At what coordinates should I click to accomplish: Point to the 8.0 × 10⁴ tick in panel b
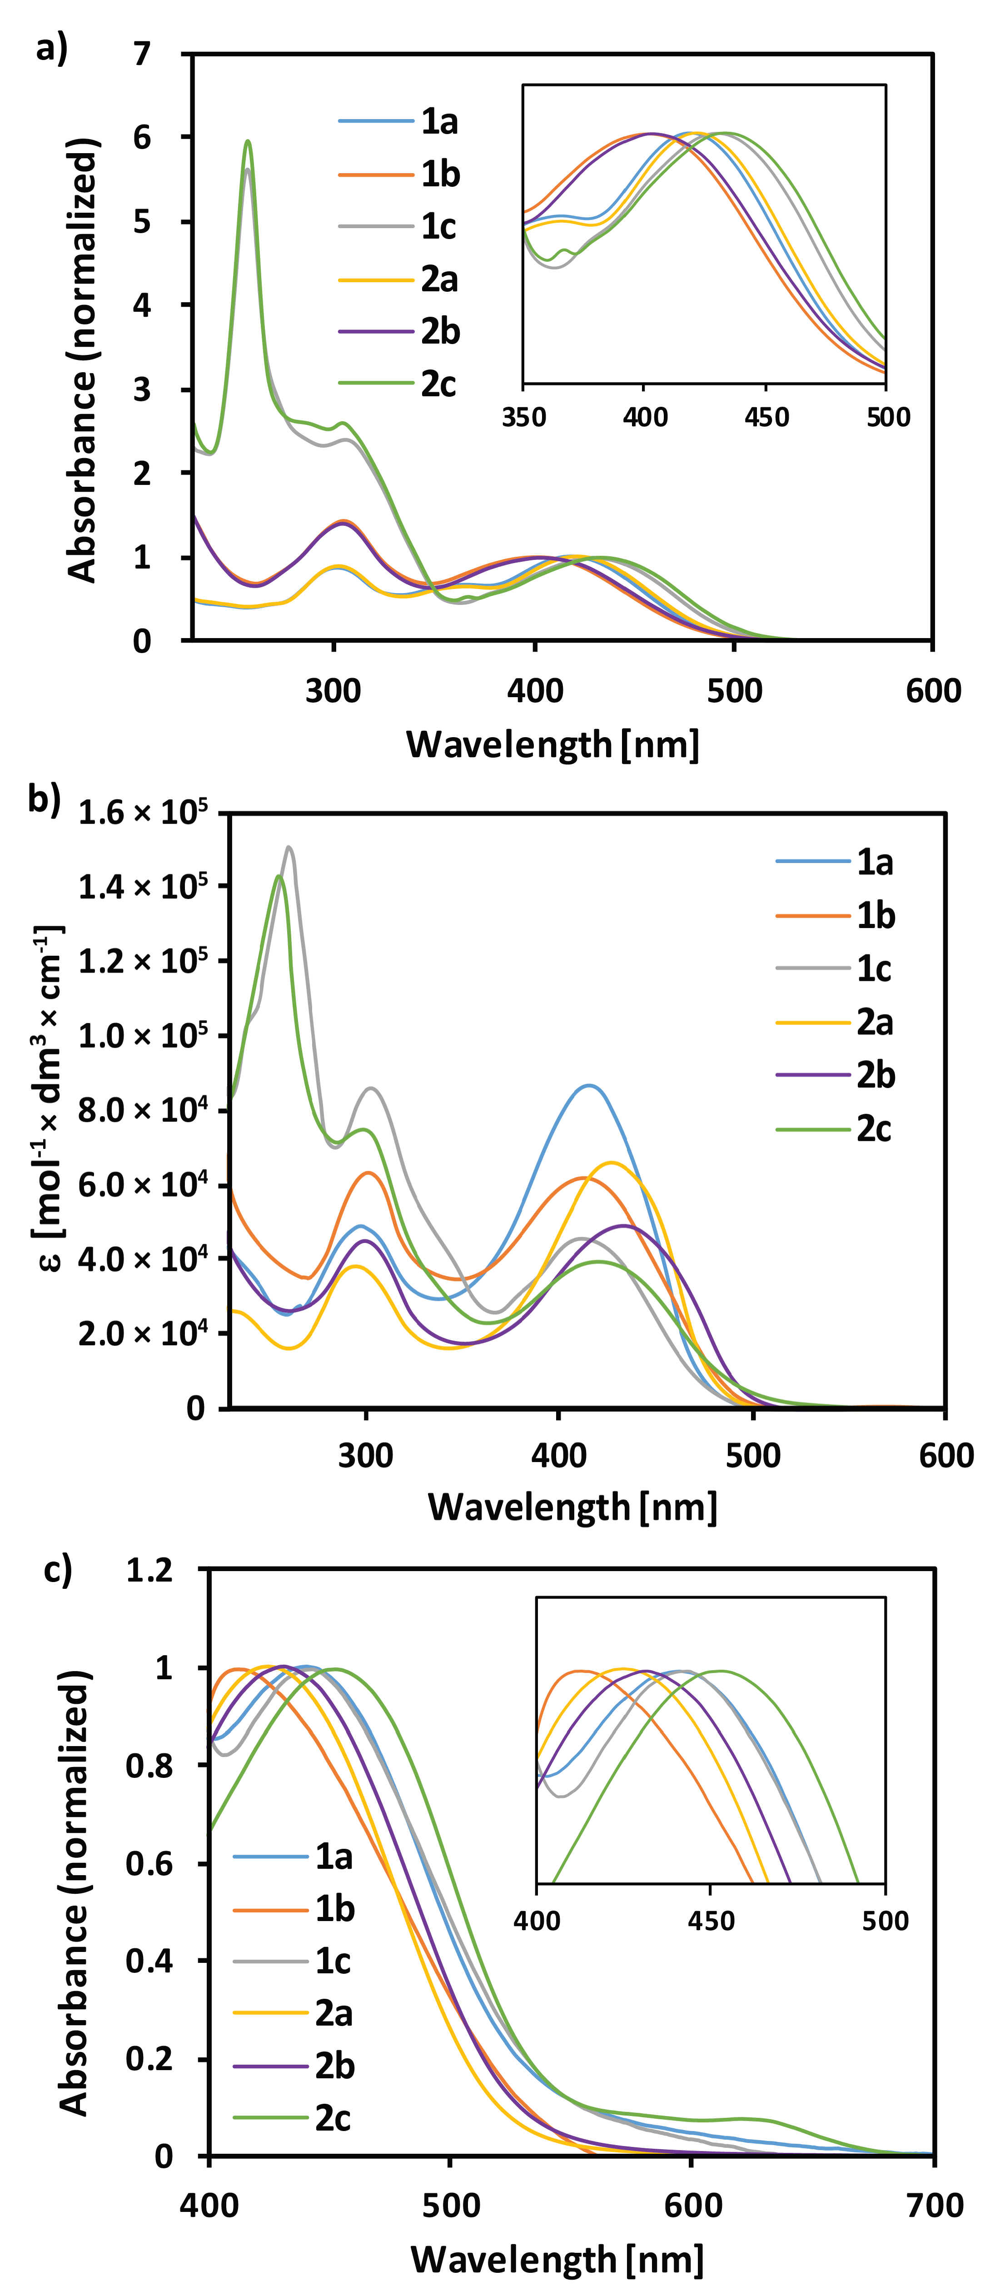click(x=143, y=1110)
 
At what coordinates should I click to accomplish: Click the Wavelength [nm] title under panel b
click(x=572, y=1506)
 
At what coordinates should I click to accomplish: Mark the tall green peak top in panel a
click(x=248, y=141)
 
